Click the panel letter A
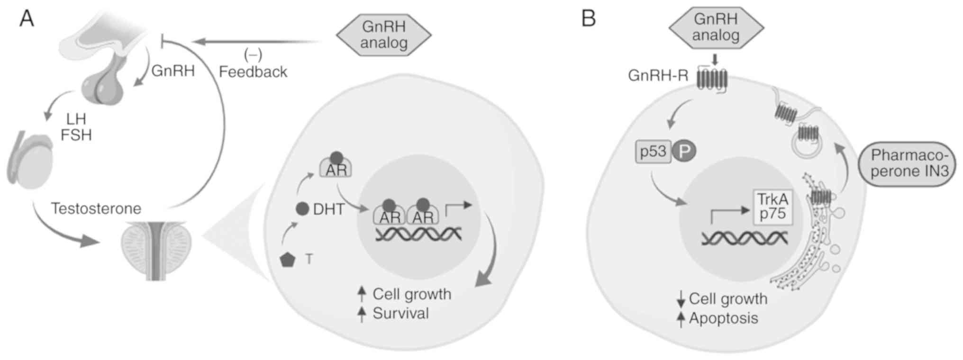pyautogui.click(x=27, y=19)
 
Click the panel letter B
pyautogui.click(x=588, y=19)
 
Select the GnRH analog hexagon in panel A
pyautogui.click(x=384, y=35)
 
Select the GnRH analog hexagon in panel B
pyautogui.click(x=716, y=27)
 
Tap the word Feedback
pyautogui.click(x=253, y=72)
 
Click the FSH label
pyautogui.click(x=76, y=135)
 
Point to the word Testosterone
pyautogui.click(x=96, y=208)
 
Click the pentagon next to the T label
pyautogui.click(x=288, y=260)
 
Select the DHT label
pyautogui.click(x=328, y=209)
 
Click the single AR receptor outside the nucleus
pyautogui.click(x=336, y=168)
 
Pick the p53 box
pyautogui.click(x=653, y=152)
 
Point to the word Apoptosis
pyautogui.click(x=723, y=318)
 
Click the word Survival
pyautogui.click(x=400, y=313)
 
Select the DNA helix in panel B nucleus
pyautogui.click(x=745, y=238)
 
